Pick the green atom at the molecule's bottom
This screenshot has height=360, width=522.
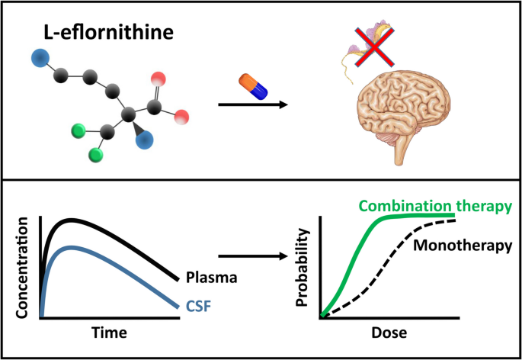(96, 156)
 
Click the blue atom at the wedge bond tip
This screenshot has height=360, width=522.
(144, 139)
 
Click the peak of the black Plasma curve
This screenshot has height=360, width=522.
(71, 220)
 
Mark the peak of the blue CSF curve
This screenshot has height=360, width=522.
(71, 247)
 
